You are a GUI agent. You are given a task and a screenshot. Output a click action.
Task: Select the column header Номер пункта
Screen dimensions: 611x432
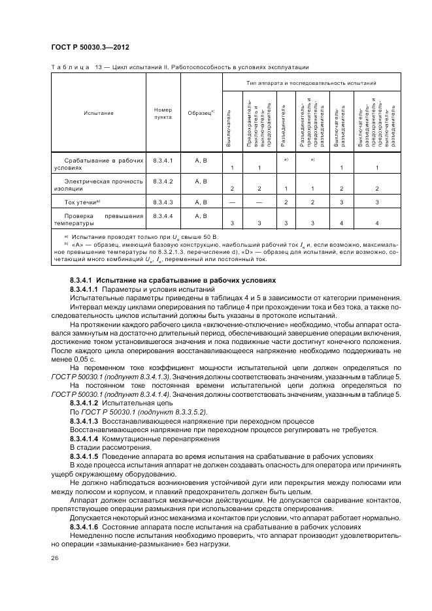point(163,114)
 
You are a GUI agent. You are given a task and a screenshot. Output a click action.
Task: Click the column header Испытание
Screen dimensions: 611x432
point(98,113)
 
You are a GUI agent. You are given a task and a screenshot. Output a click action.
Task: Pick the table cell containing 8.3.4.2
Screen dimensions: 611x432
point(163,181)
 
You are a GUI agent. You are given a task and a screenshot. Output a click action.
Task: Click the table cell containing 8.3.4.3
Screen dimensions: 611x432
point(163,202)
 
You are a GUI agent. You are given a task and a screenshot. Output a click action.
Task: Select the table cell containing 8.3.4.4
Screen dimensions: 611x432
point(163,215)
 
